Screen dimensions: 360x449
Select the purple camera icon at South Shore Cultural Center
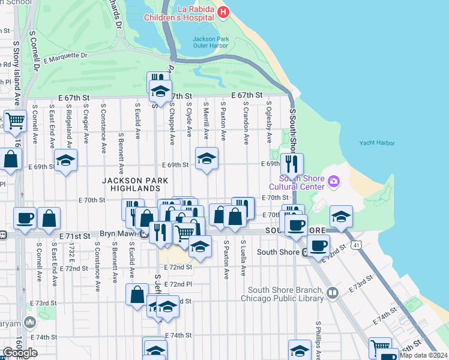334,180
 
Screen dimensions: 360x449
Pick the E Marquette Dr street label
65,58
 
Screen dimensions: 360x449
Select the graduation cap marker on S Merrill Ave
206,159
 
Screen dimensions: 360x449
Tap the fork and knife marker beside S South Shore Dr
292,164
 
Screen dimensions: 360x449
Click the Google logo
20,353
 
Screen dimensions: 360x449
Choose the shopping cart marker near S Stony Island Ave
15,121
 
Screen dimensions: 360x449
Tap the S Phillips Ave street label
318,342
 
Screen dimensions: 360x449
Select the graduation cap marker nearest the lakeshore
340,217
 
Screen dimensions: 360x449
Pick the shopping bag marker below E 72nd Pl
137,295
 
